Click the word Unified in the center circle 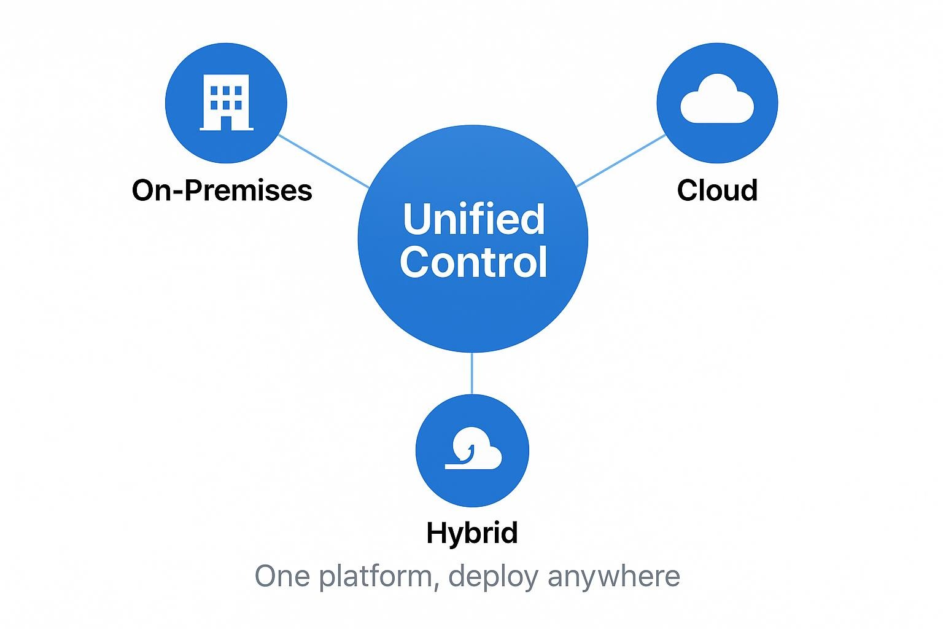pyautogui.click(x=473, y=219)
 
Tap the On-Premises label pyautogui.click(x=222, y=190)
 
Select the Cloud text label pyautogui.click(x=717, y=190)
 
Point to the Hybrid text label pyautogui.click(x=472, y=533)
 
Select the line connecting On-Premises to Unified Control pyautogui.click(x=324, y=161)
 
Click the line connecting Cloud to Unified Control pyautogui.click(x=621, y=160)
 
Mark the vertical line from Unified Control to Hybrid pyautogui.click(x=471, y=373)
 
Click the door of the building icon pyautogui.click(x=226, y=123)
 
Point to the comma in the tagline pyautogui.click(x=437, y=585)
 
